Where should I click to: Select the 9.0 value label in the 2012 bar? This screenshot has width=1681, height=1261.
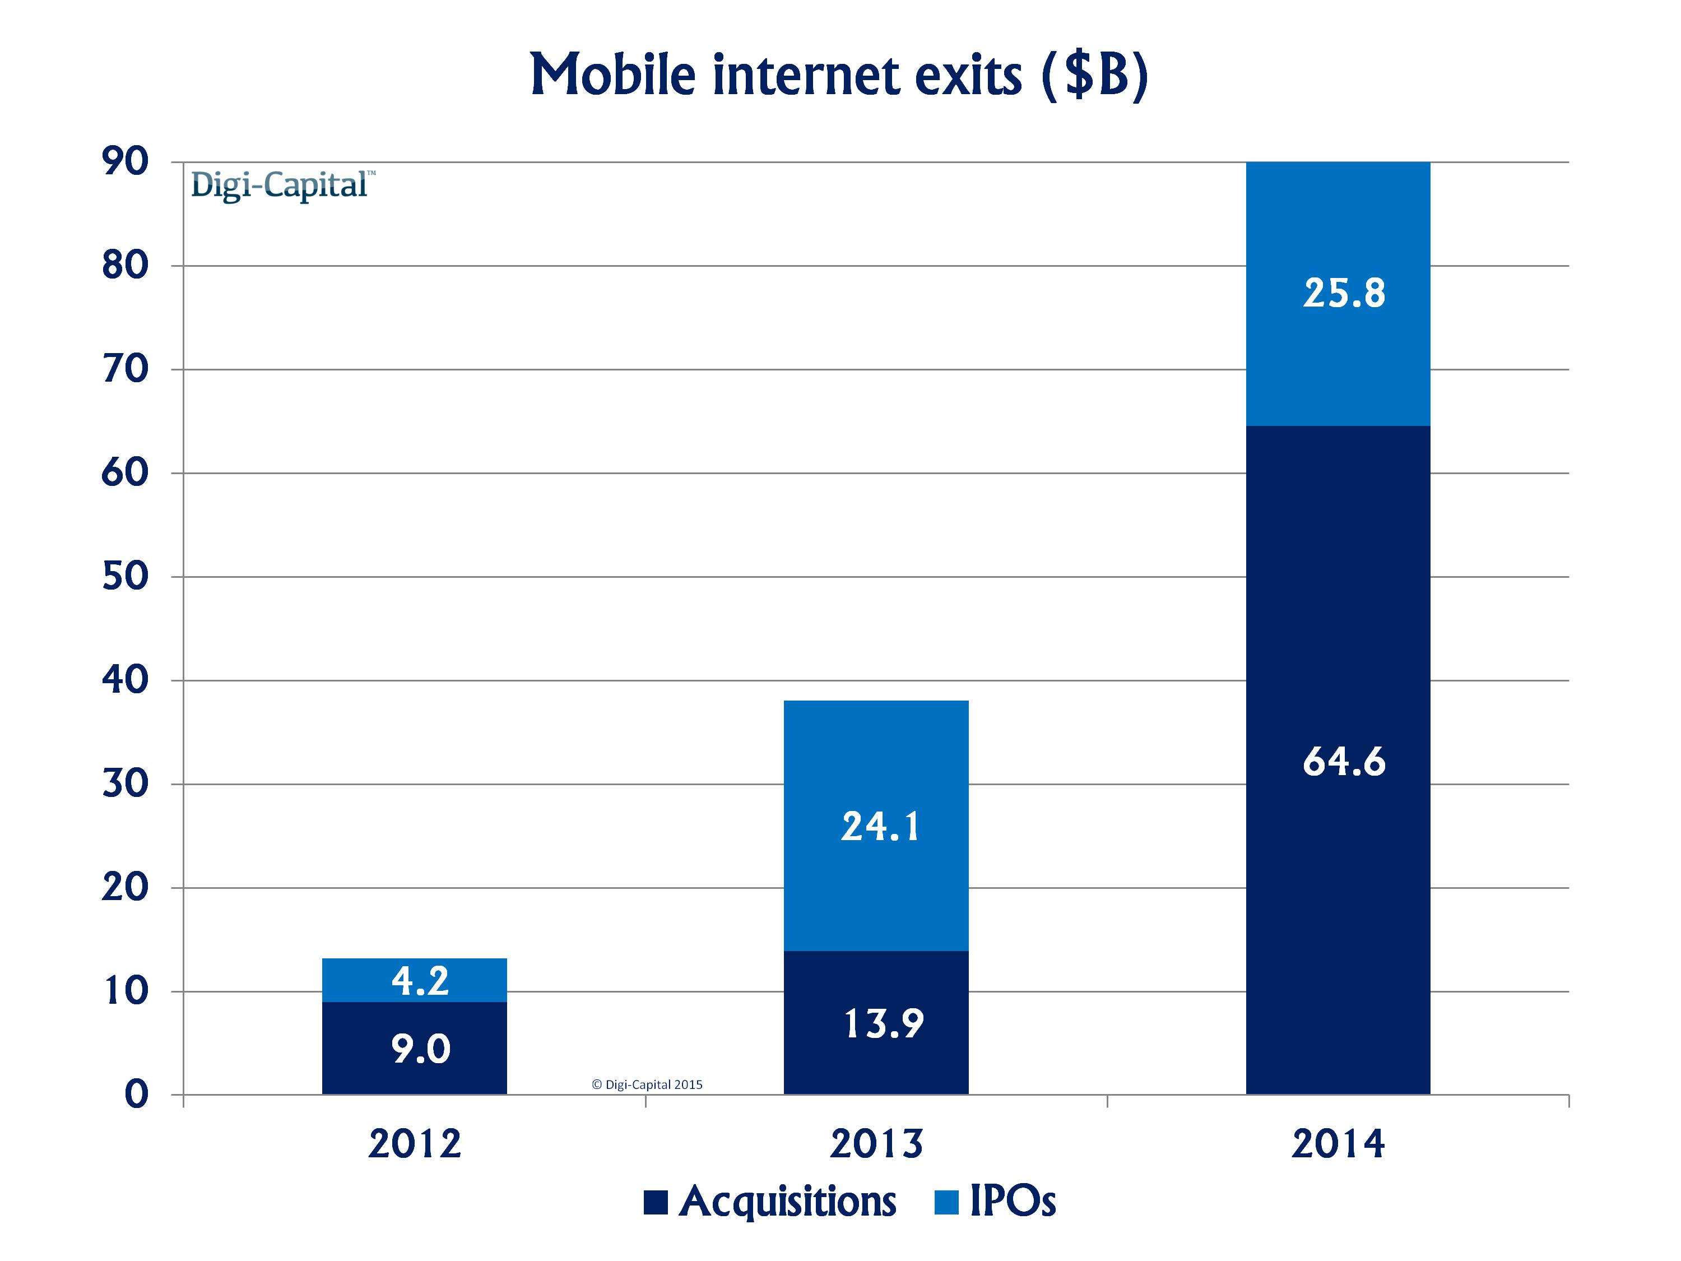click(420, 1050)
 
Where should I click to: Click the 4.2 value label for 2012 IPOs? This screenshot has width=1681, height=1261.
click(420, 981)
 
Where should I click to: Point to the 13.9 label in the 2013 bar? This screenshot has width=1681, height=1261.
click(883, 1024)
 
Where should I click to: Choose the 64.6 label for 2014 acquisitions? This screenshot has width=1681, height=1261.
click(1344, 762)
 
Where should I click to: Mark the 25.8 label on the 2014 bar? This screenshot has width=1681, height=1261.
click(1344, 294)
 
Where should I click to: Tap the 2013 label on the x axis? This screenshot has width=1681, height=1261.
click(876, 1144)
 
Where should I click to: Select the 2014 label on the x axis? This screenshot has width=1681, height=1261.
click(1338, 1144)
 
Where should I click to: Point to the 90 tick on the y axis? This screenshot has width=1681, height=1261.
click(126, 162)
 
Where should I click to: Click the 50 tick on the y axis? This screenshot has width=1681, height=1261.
click(126, 577)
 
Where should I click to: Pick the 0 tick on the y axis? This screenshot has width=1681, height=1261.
click(137, 1095)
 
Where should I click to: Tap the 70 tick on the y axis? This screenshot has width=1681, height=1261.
click(126, 369)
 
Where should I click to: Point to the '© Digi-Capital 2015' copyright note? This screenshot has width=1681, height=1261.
click(647, 1084)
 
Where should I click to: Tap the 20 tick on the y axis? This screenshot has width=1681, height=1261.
click(126, 888)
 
